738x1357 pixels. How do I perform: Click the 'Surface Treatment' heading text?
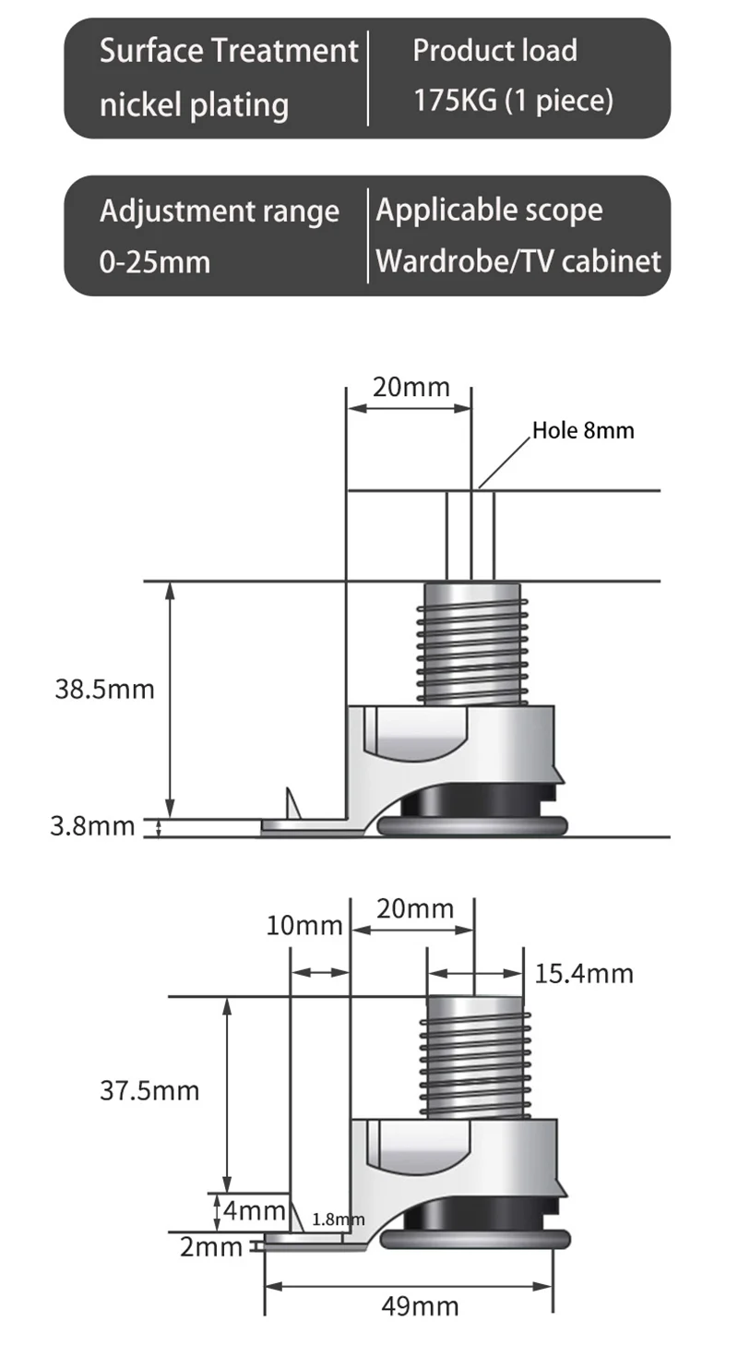(229, 50)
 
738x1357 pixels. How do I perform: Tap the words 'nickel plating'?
(194, 104)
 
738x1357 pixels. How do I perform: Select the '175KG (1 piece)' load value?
(514, 100)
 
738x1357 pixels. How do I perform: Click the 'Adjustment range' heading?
(220, 211)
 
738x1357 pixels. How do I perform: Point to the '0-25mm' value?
(154, 262)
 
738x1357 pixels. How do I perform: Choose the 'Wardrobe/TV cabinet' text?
(518, 261)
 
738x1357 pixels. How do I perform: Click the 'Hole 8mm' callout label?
(583, 431)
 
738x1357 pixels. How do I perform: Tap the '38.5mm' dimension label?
(105, 690)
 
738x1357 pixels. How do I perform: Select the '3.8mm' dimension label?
(92, 826)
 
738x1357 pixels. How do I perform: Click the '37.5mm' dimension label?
(149, 1090)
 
